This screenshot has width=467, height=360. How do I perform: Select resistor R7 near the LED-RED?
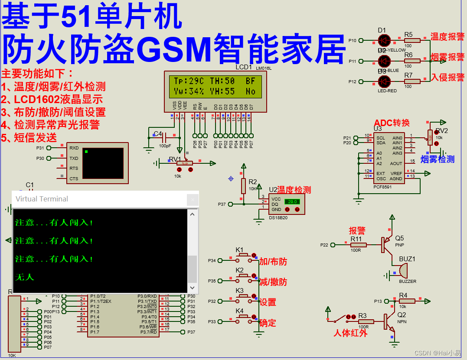pos(412,81)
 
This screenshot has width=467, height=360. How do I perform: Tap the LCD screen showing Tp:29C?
pos(214,86)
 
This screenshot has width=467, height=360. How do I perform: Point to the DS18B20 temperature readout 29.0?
pos(292,202)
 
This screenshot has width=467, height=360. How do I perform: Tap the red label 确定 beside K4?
pos(268,323)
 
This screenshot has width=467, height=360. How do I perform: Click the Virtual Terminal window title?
pos(42,199)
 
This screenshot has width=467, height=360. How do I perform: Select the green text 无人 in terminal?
pos(24,277)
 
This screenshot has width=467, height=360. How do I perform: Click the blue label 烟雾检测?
pos(437,159)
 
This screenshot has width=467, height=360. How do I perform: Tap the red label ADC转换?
pos(392,123)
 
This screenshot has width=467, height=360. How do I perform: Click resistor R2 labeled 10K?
pos(244,186)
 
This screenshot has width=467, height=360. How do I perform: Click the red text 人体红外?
pos(350,333)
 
